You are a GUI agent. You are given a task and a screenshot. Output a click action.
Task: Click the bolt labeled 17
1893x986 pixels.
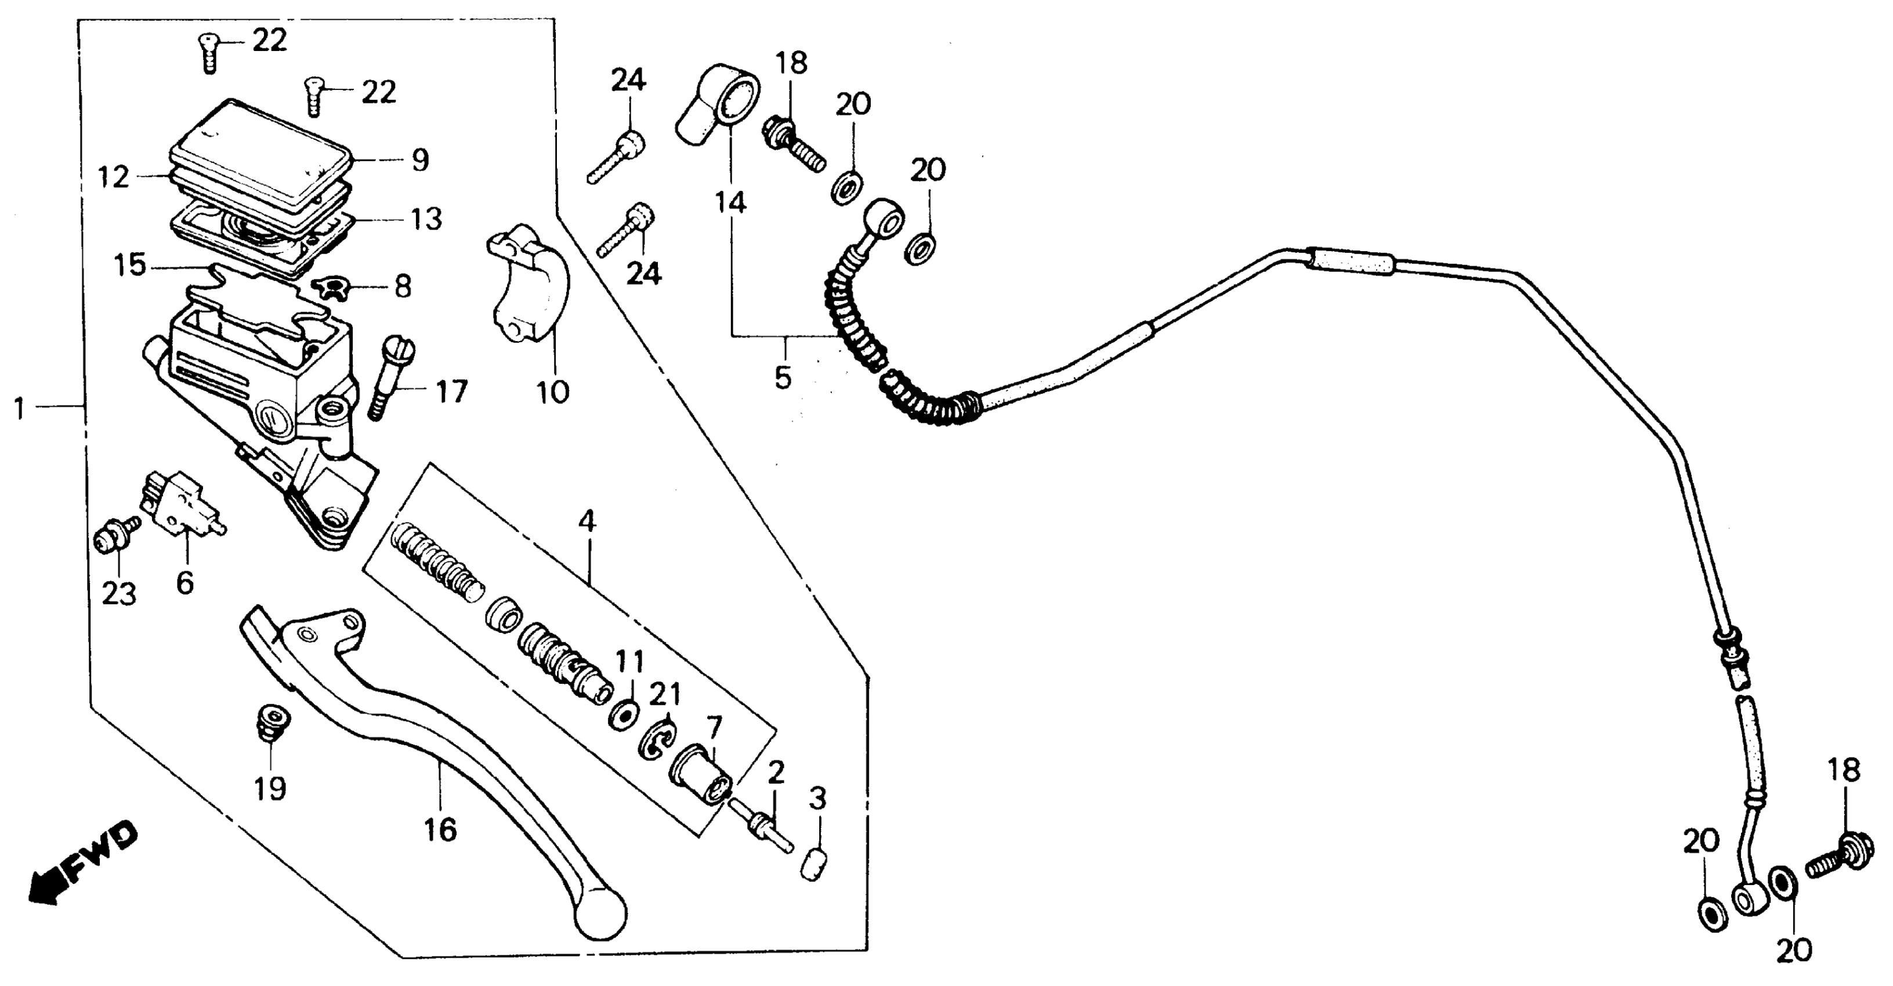391,375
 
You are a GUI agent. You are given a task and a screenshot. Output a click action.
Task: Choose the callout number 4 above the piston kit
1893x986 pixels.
587,521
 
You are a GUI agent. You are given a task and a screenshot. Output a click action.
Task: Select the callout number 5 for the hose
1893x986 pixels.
783,378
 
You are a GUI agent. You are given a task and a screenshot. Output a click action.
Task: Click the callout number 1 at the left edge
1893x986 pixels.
20,408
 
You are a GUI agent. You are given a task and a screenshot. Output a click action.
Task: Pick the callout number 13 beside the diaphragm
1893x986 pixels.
426,219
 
